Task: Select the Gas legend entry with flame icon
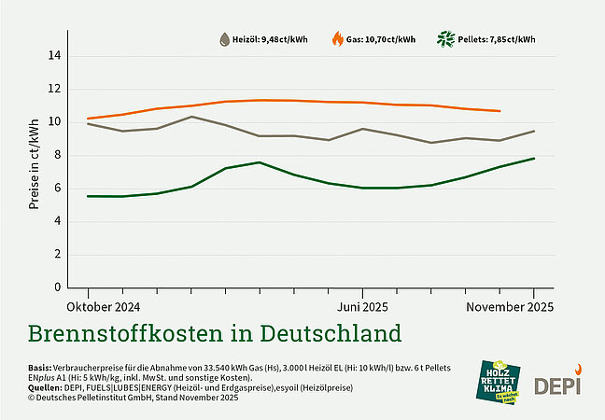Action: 373,40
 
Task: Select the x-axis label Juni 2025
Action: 362,307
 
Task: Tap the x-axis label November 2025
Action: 510,307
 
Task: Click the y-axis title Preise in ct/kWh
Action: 34,163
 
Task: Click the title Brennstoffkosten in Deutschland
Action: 215,333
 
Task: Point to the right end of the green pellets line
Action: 534,159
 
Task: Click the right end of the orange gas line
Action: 499,111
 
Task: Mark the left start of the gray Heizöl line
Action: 87,123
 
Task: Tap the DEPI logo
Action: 556,383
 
